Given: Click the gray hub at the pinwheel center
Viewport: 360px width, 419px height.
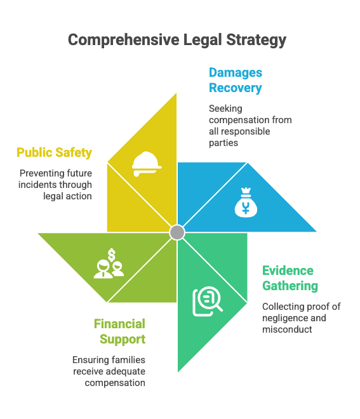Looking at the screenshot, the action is point(177,232).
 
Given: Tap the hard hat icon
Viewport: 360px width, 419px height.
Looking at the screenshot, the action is point(147,164).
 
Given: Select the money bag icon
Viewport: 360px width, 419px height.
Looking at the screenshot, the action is point(246,203).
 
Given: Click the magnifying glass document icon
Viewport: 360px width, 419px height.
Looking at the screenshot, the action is point(208,301).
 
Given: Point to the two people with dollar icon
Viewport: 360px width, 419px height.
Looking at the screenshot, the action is point(109,263).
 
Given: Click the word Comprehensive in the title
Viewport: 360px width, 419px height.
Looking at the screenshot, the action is point(124,40).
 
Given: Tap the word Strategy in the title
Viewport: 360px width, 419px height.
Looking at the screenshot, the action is point(256,40).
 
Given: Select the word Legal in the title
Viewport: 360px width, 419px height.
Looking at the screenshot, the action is point(203,40).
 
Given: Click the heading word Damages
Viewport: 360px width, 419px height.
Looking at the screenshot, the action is point(236,72).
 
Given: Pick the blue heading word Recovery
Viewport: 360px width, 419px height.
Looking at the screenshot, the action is point(235,88).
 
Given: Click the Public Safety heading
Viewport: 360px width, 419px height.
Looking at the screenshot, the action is point(54,153).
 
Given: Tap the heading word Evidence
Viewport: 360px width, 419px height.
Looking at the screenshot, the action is point(288,270).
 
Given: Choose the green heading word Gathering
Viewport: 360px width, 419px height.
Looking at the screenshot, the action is point(290,286).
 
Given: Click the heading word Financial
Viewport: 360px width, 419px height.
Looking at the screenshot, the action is point(119,324).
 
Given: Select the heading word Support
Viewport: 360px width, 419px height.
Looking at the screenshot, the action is point(123,340).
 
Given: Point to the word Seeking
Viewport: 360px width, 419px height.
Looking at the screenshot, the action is point(225,109).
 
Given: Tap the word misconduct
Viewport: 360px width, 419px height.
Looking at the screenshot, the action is point(287,329).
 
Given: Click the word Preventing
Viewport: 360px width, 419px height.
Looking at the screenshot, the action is point(37,174).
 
